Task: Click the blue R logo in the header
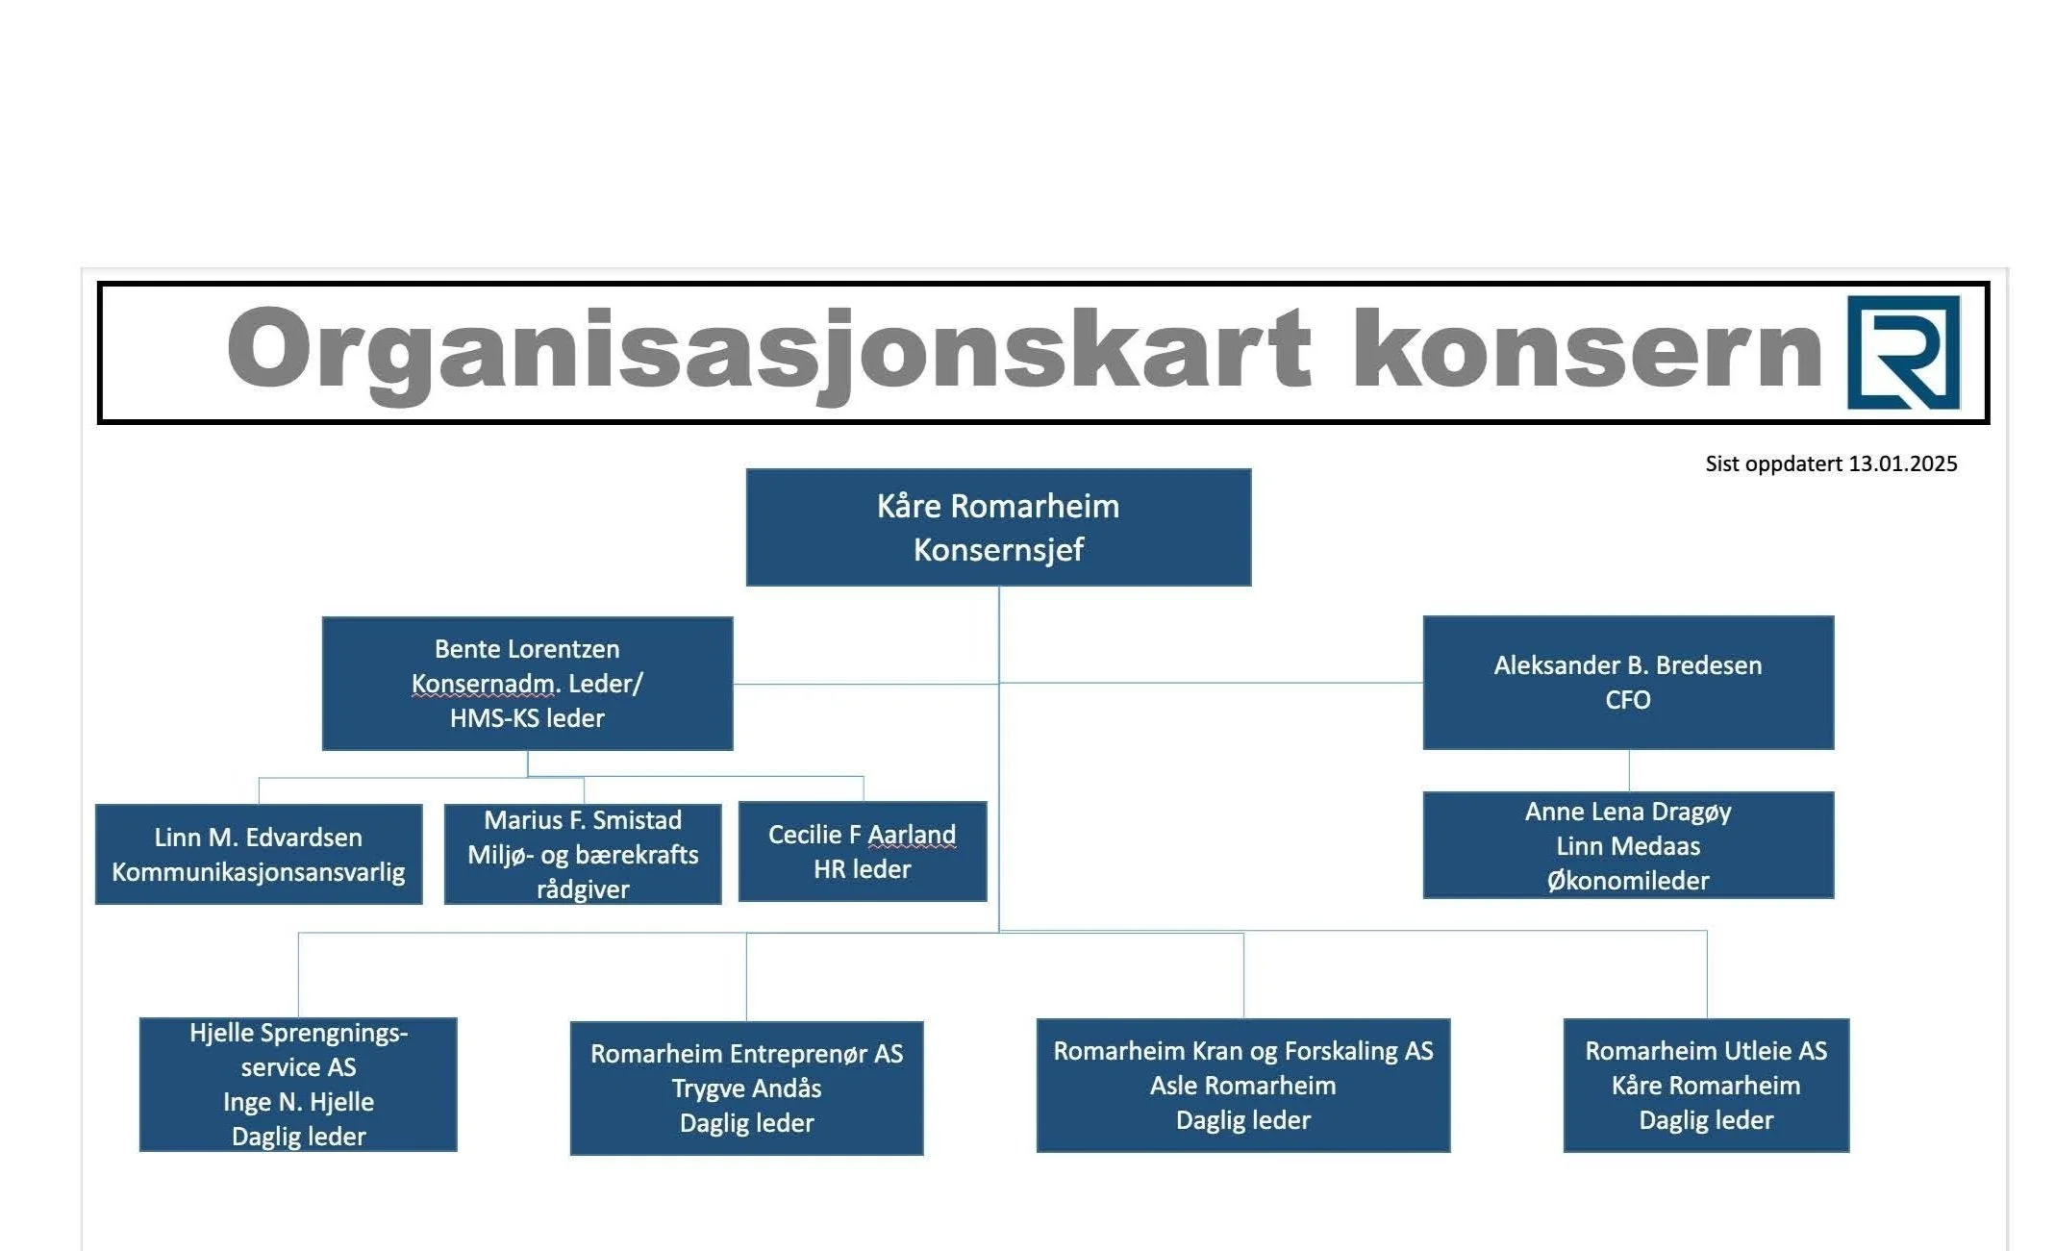[1903, 352]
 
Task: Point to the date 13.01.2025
[1902, 464]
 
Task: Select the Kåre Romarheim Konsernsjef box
[998, 528]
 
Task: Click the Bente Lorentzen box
[527, 684]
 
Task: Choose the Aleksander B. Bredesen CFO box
[1628, 683]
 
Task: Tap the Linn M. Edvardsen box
[259, 854]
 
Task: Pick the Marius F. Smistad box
[583, 854]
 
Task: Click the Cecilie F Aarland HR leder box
[863, 852]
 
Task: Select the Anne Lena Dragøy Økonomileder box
[1628, 845]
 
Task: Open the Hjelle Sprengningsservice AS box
[298, 1084]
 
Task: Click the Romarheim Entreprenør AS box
[746, 1088]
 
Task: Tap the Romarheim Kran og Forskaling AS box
[1242, 1086]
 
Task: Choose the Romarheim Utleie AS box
[1706, 1086]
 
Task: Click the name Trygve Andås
[746, 1088]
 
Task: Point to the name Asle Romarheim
[1242, 1087]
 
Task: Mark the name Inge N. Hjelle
[298, 1102]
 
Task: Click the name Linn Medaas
[1628, 846]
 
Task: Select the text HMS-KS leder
[527, 718]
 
